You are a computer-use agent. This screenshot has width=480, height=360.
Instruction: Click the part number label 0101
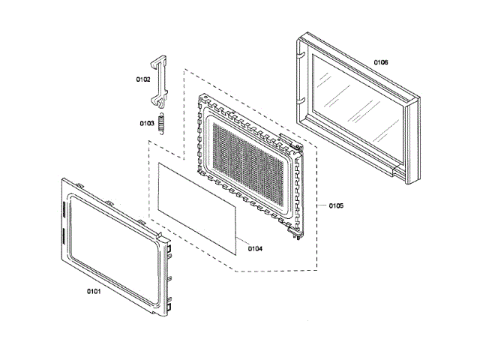89,289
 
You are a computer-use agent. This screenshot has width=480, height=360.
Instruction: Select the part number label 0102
142,79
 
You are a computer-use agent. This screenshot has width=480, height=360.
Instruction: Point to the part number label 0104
255,247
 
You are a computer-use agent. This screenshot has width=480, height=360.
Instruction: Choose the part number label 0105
335,205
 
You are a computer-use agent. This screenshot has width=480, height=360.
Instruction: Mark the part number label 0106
380,62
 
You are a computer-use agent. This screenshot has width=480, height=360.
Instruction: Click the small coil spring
160,123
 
